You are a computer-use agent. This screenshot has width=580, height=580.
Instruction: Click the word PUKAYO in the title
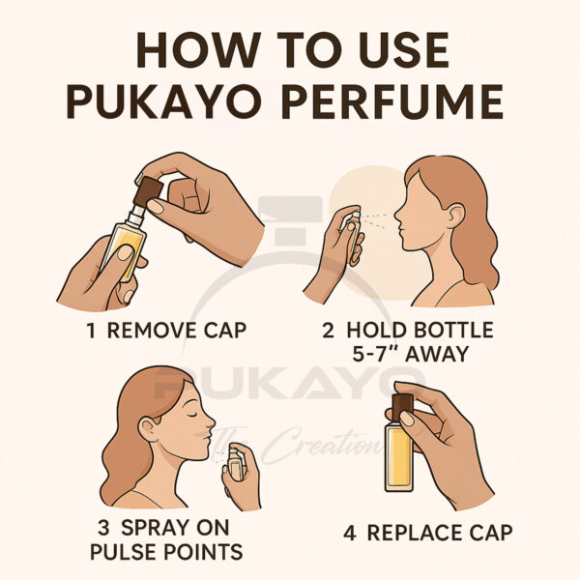click(x=164, y=101)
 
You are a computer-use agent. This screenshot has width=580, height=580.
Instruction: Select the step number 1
click(x=91, y=330)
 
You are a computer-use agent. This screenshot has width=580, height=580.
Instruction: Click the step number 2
click(x=328, y=330)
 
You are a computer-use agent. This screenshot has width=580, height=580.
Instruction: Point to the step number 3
click(x=104, y=528)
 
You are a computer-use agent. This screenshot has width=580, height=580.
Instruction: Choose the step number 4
click(x=350, y=534)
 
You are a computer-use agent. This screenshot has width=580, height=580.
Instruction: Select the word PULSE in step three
click(x=124, y=552)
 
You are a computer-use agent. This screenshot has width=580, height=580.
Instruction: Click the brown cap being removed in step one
click(x=148, y=191)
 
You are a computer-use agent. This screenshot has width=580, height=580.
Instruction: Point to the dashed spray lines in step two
click(x=374, y=219)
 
